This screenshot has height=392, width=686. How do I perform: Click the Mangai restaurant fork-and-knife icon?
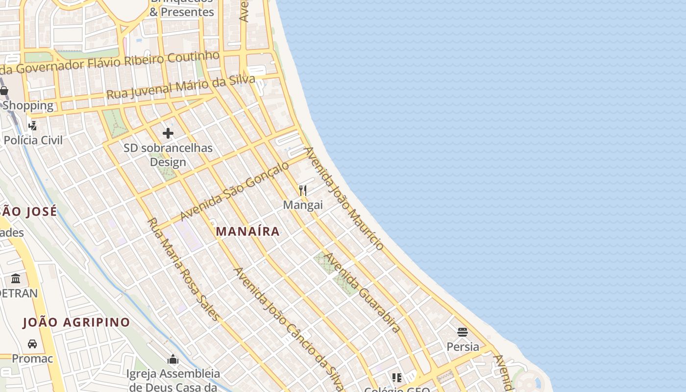(303, 190)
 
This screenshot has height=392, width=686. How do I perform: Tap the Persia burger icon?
(463, 332)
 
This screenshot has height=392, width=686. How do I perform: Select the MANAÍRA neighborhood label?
(248, 231)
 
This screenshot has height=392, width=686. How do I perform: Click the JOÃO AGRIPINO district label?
(76, 322)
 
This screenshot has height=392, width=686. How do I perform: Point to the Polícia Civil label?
(33, 140)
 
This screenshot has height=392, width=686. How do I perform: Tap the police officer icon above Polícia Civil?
(32, 126)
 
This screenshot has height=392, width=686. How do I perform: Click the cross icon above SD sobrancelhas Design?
(168, 133)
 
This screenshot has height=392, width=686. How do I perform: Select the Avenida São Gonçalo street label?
(235, 192)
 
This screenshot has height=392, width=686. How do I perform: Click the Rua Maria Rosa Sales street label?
(184, 269)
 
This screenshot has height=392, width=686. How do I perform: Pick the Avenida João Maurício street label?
(344, 198)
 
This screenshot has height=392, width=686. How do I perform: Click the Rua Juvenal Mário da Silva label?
(181, 87)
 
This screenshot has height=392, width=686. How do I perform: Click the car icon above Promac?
(32, 344)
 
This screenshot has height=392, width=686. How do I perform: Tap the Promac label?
(32, 359)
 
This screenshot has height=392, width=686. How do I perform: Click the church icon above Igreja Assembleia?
(172, 360)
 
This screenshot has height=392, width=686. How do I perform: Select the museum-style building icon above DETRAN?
(16, 279)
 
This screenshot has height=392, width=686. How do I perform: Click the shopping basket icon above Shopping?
(4, 91)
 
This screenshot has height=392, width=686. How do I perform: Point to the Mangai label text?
(303, 205)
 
